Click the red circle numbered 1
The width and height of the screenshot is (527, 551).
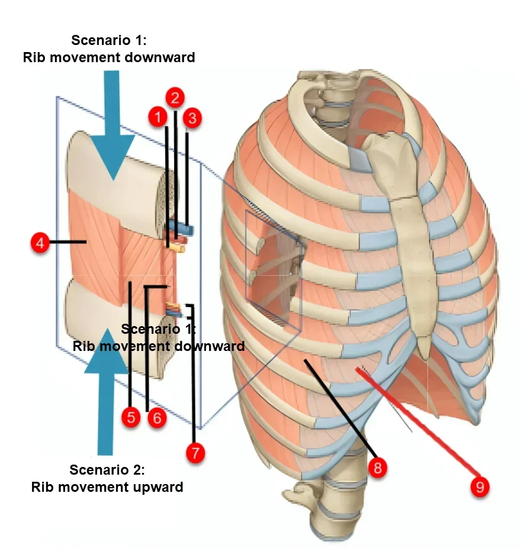tap(158, 116)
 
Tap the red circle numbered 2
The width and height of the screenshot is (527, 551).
tap(175, 97)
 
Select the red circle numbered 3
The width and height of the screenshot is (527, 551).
tap(191, 118)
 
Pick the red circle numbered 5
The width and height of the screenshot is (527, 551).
tap(130, 417)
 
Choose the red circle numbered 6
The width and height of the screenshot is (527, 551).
tap(156, 417)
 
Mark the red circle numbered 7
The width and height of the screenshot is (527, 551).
tap(195, 453)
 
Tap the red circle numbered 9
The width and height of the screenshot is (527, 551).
tap(480, 486)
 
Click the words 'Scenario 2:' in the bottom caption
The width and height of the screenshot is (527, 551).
tap(107, 471)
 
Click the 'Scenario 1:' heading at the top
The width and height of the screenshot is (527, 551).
tap(108, 41)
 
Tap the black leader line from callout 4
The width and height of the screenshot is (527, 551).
tap(69, 241)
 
